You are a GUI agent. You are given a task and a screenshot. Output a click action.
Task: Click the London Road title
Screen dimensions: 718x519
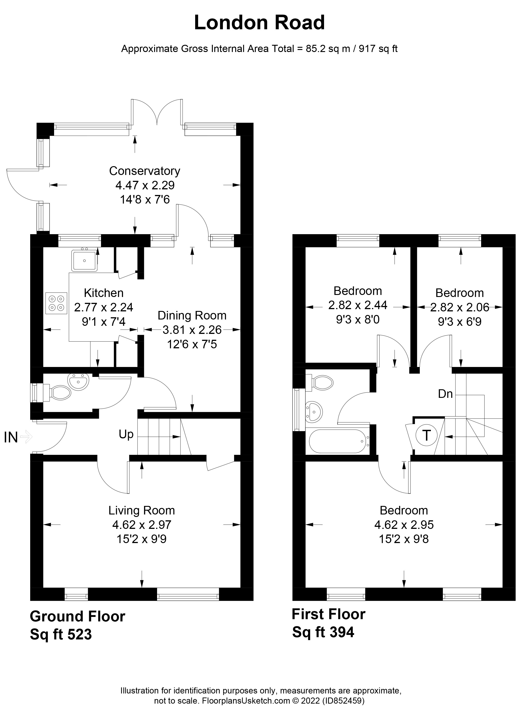[x=259, y=23]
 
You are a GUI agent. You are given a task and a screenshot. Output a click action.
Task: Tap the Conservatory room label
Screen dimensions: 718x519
[x=144, y=171]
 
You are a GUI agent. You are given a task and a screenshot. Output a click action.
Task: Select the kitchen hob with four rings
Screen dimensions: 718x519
[x=56, y=303]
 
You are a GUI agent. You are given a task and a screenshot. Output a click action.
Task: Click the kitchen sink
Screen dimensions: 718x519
[x=84, y=260]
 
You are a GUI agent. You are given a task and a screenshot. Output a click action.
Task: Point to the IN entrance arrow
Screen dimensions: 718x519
[x=26, y=437]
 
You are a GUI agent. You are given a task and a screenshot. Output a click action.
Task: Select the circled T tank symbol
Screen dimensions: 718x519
[x=426, y=436]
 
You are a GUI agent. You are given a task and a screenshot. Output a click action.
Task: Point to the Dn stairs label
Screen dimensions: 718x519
[x=445, y=394]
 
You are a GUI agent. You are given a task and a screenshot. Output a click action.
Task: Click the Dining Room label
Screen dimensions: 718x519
[x=192, y=316]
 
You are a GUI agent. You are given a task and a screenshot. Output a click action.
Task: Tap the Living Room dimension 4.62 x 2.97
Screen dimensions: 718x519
[x=142, y=525]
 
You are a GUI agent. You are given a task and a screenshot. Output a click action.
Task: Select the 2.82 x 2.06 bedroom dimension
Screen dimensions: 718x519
[x=460, y=307]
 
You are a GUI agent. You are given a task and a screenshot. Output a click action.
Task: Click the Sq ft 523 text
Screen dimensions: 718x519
[x=61, y=634]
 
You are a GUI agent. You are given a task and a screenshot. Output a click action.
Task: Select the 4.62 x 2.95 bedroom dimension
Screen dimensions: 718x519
[x=404, y=525]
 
